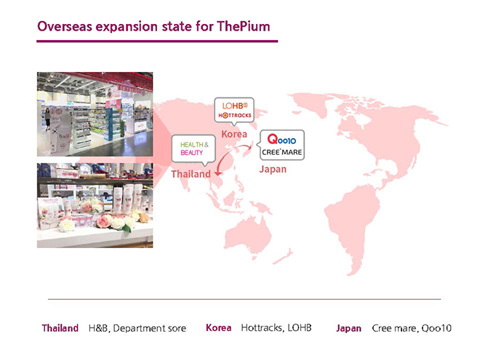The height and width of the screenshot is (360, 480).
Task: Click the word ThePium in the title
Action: (x=244, y=26)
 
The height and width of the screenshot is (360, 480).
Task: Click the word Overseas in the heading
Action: (x=65, y=26)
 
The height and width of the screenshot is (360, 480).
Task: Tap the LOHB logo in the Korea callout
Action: (x=234, y=106)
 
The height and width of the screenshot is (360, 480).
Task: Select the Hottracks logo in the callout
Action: (x=235, y=116)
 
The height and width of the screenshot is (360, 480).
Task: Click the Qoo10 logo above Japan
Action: (x=281, y=140)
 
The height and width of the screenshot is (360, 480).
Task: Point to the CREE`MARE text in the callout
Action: (x=281, y=152)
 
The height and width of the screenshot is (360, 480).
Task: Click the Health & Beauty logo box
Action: (x=193, y=148)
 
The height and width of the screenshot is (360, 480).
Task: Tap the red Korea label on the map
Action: (x=234, y=134)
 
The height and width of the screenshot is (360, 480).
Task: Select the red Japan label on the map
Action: (x=273, y=169)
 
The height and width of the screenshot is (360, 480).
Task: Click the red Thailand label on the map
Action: (x=191, y=174)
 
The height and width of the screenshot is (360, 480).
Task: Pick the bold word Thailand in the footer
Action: (x=60, y=328)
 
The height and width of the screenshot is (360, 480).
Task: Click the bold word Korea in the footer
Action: (x=219, y=327)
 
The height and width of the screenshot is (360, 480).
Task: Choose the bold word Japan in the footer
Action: (x=348, y=328)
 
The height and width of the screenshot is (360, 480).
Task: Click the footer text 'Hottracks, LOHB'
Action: (x=276, y=328)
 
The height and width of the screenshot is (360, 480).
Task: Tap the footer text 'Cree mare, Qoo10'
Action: (x=412, y=328)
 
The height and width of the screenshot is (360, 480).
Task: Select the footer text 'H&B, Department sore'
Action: (x=137, y=328)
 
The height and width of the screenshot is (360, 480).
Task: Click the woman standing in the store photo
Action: (x=48, y=119)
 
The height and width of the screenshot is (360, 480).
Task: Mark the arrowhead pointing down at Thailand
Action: (x=218, y=174)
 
